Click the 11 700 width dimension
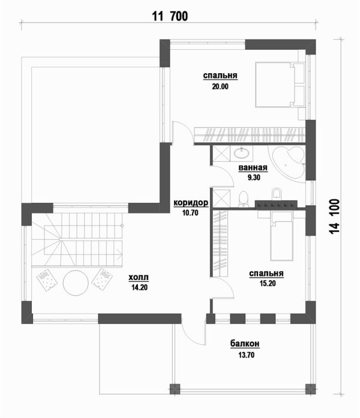pyautogui.click(x=170, y=16)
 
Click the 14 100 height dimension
pyautogui.click(x=335, y=216)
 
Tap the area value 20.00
pyautogui.click(x=220, y=86)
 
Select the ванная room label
pyautogui.click(x=253, y=168)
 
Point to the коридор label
pyautogui.click(x=191, y=203)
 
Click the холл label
pyautogui.click(x=139, y=278)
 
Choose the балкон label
pyautogui.click(x=245, y=344)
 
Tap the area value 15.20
pyautogui.click(x=268, y=284)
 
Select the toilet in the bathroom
pyautogui.click(x=243, y=199)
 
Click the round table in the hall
pyautogui.click(x=76, y=283)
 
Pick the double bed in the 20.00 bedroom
pyautogui.click(x=280, y=85)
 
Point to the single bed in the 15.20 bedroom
pyautogui.click(x=281, y=236)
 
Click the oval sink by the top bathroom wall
pyautogui.click(x=242, y=153)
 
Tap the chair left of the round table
pyautogui.click(x=47, y=279)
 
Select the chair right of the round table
pyautogui.click(x=102, y=279)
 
